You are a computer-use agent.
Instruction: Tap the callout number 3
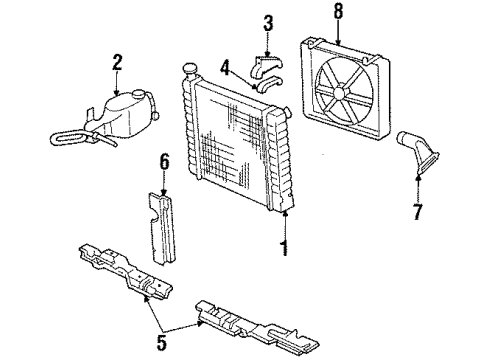267,23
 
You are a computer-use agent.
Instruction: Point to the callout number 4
226,69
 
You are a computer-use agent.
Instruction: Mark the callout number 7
419,211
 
